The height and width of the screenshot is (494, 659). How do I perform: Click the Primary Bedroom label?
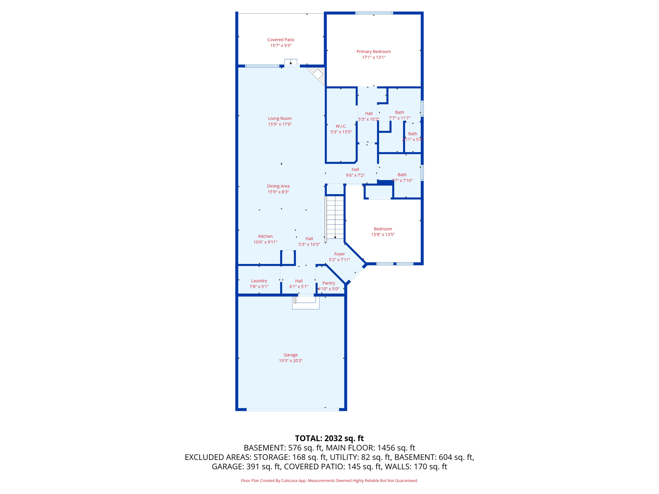tap(373, 51)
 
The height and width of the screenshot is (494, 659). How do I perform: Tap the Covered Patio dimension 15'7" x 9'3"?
tap(281, 46)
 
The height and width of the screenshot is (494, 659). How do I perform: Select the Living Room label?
tap(280, 118)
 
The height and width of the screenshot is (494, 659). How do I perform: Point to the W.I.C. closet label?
tap(341, 126)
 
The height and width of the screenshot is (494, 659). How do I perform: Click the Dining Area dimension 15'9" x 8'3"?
tap(278, 192)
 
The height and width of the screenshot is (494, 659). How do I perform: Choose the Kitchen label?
tap(265, 236)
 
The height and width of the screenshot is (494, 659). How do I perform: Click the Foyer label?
tap(339, 254)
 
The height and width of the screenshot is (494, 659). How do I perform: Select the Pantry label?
tap(329, 283)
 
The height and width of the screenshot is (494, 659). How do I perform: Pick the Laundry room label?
tap(259, 281)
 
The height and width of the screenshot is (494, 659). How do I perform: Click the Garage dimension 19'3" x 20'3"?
tap(291, 361)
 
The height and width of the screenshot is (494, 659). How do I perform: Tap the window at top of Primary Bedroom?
tap(374, 13)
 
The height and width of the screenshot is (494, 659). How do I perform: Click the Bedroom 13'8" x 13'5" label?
tap(383, 229)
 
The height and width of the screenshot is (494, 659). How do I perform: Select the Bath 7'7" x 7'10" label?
tap(402, 175)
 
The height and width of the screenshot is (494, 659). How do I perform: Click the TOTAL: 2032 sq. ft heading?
tap(329, 438)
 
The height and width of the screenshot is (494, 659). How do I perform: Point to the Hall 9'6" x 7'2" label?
tap(355, 169)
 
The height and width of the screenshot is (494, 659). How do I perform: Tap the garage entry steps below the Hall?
tap(305, 303)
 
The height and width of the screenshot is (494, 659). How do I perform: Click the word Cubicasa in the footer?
tap(289, 481)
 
